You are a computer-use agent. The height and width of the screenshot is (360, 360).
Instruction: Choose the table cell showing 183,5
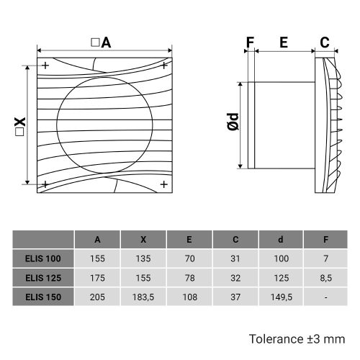tap(143, 295)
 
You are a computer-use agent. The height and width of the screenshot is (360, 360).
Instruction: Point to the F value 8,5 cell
tap(327, 276)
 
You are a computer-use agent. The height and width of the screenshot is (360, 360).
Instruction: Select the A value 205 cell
tap(97, 295)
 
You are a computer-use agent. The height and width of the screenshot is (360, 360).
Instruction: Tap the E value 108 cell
tap(189, 295)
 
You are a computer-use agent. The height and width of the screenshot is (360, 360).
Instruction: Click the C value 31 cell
tap(235, 258)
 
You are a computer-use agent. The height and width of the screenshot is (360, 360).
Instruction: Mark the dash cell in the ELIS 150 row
tap(327, 295)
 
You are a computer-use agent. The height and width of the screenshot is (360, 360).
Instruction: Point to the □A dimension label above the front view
tap(101, 42)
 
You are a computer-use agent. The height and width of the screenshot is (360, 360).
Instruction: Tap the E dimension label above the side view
tap(284, 42)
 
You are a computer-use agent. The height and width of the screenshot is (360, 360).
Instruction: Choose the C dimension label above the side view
tap(325, 42)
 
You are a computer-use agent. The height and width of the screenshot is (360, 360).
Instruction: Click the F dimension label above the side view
tap(250, 42)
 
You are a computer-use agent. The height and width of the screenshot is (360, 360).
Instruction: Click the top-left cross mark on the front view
tap(45, 66)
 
